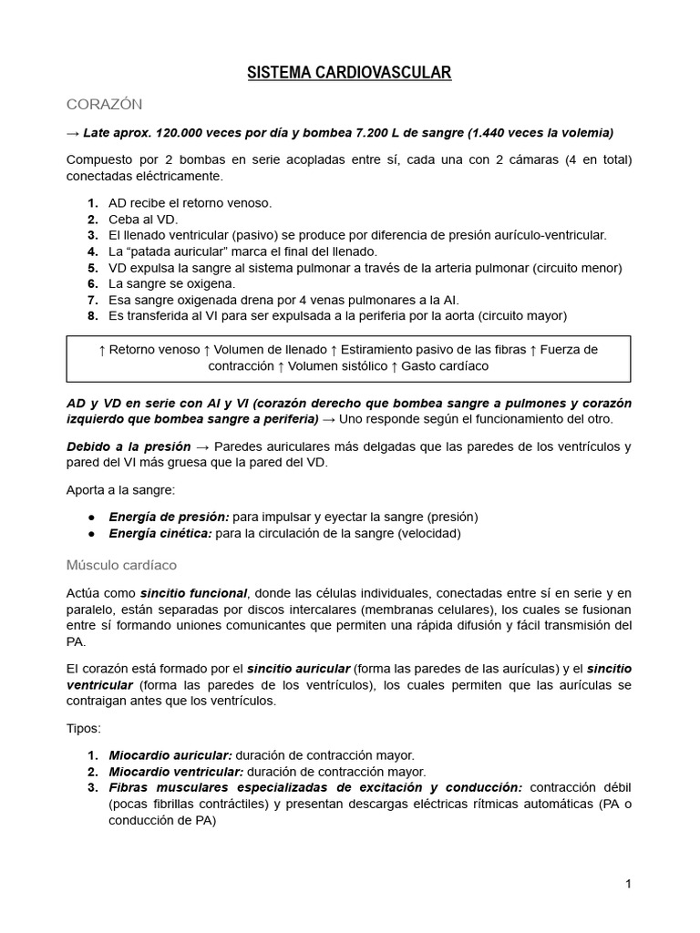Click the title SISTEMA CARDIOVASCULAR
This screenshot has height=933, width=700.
coord(349,73)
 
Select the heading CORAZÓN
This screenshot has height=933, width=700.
coord(104,104)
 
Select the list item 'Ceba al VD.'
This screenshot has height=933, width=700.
coord(143,219)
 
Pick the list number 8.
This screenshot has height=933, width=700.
coord(92,315)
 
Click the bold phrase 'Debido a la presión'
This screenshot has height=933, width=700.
coord(129,446)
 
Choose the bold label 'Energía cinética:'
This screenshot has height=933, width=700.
coord(160,533)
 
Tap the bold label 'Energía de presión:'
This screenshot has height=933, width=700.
coord(169,517)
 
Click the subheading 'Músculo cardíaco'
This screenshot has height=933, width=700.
coord(121,565)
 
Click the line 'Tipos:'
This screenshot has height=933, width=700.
coord(85,729)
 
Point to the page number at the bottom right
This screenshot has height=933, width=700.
coord(628,883)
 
